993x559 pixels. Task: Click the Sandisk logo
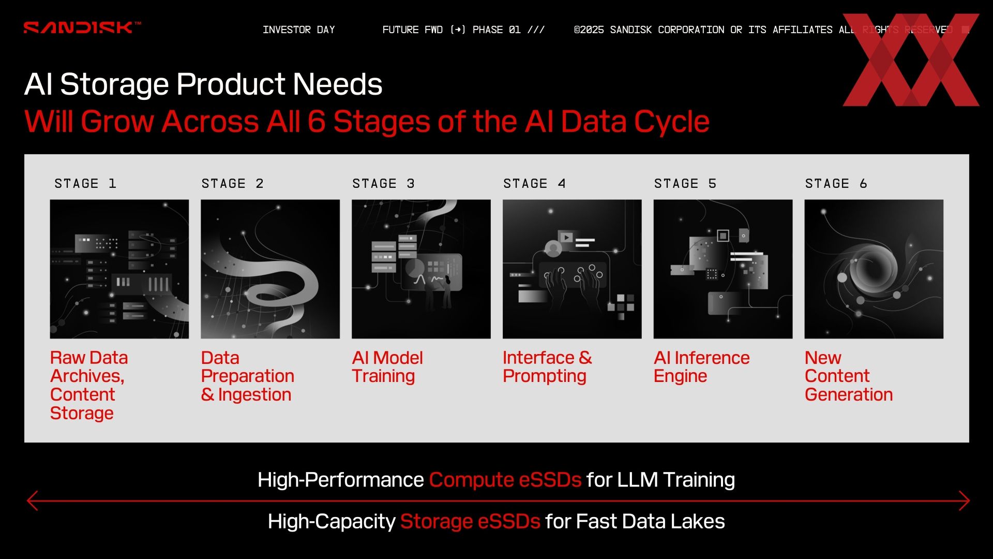click(x=82, y=27)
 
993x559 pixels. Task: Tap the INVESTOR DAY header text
click(x=299, y=30)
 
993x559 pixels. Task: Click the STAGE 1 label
click(x=85, y=184)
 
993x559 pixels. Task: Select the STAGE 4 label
click(x=534, y=184)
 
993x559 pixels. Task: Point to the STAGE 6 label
click(x=836, y=184)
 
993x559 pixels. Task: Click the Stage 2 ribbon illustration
click(x=270, y=269)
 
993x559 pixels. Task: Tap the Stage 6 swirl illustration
click(x=874, y=269)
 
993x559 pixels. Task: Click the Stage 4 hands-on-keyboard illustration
click(x=572, y=269)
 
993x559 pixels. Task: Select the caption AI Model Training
click(x=387, y=367)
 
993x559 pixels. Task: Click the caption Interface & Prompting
click(x=547, y=367)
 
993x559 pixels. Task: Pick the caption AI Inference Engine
click(x=701, y=367)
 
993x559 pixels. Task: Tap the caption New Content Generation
click(x=849, y=376)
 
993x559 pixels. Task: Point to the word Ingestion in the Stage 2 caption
click(x=254, y=395)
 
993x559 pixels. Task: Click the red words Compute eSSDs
click(x=505, y=480)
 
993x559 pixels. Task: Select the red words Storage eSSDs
click(x=470, y=522)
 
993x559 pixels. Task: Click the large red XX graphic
click(x=911, y=60)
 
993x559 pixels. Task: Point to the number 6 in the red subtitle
click(x=317, y=122)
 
